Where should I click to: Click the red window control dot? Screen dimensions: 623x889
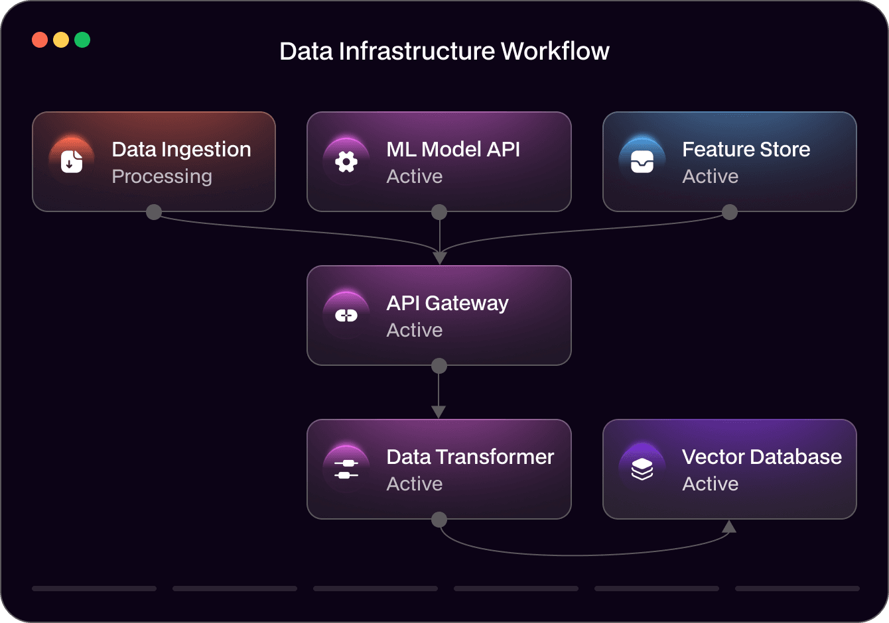(40, 40)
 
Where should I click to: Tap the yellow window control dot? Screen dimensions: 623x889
(61, 40)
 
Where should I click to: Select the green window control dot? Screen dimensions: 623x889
(82, 40)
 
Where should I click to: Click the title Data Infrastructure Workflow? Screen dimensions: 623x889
(444, 52)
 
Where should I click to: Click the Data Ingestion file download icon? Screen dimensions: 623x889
(72, 161)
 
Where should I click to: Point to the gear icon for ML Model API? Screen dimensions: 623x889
(346, 161)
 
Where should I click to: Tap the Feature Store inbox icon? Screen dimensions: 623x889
(642, 161)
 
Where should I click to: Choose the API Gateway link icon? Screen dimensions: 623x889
(346, 315)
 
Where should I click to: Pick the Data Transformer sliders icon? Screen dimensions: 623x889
(346, 469)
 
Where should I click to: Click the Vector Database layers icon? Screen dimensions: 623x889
(642, 469)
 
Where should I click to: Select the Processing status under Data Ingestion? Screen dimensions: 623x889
(162, 177)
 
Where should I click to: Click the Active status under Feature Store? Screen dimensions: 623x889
(710, 177)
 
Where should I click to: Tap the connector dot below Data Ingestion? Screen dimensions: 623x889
(154, 212)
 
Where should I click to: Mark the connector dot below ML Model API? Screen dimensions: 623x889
(439, 212)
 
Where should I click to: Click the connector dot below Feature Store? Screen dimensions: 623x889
(730, 212)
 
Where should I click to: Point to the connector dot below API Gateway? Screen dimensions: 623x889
(439, 366)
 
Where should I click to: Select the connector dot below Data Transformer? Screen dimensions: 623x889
(439, 520)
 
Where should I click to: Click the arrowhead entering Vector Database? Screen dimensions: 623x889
(729, 527)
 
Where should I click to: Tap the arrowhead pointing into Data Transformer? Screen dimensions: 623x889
(439, 412)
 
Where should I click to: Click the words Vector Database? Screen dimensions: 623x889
(762, 457)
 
